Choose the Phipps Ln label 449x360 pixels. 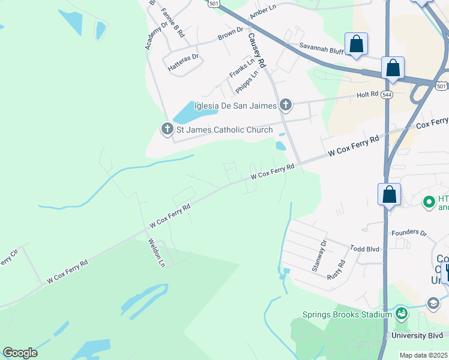[x=247, y=82]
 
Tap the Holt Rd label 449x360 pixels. [x=367, y=94]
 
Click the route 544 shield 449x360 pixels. [x=387, y=95]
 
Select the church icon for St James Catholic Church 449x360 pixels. [x=167, y=129]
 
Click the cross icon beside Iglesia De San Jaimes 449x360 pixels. [x=286, y=106]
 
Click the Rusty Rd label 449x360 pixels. [x=337, y=271]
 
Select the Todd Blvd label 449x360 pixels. [x=365, y=248]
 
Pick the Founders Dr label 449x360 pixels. [x=408, y=232]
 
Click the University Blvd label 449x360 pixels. [x=421, y=335]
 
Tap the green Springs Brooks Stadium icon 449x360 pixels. [x=401, y=313]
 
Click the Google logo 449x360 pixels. [x=20, y=352]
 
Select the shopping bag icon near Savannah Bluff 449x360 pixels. [x=356, y=44]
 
